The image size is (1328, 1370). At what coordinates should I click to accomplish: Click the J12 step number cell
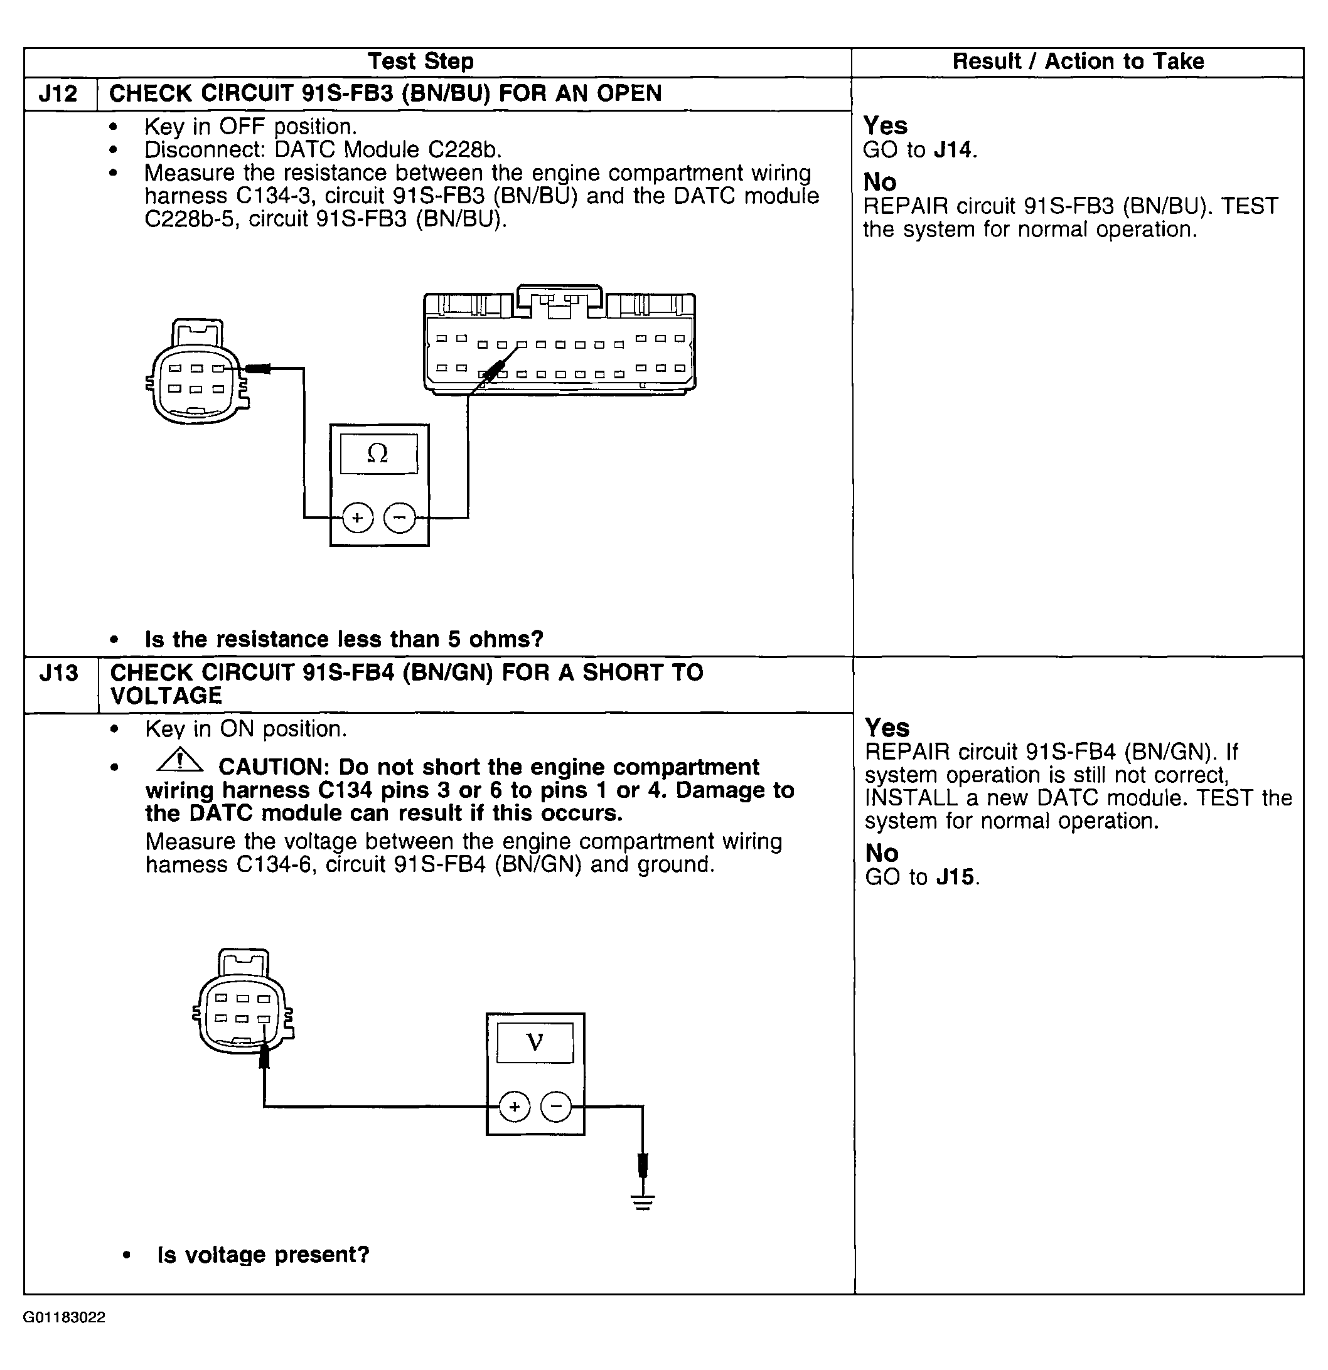59,93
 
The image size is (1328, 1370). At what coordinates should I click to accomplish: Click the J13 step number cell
60,674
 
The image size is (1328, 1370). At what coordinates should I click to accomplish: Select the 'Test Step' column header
420,61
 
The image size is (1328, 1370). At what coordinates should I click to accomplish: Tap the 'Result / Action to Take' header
1078,61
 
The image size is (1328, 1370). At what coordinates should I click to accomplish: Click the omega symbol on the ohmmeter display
378,454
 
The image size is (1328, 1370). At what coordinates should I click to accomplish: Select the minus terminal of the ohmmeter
399,518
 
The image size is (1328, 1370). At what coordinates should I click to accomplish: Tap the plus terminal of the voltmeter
515,1107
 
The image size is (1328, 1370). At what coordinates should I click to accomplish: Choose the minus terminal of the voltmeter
557,1107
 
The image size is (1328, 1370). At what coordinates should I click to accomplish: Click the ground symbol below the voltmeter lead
643,1204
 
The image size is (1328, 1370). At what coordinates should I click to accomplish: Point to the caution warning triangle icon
179,760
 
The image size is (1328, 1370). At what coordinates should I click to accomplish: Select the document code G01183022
65,1317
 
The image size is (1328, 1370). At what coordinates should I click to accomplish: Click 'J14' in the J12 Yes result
954,149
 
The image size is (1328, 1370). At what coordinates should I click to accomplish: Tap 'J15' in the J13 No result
956,877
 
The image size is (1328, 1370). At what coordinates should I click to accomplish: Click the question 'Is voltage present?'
263,1255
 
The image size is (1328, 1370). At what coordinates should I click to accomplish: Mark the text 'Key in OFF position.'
250,127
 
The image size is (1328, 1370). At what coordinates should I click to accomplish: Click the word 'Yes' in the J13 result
887,728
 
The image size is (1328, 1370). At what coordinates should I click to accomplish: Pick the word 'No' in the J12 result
880,183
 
